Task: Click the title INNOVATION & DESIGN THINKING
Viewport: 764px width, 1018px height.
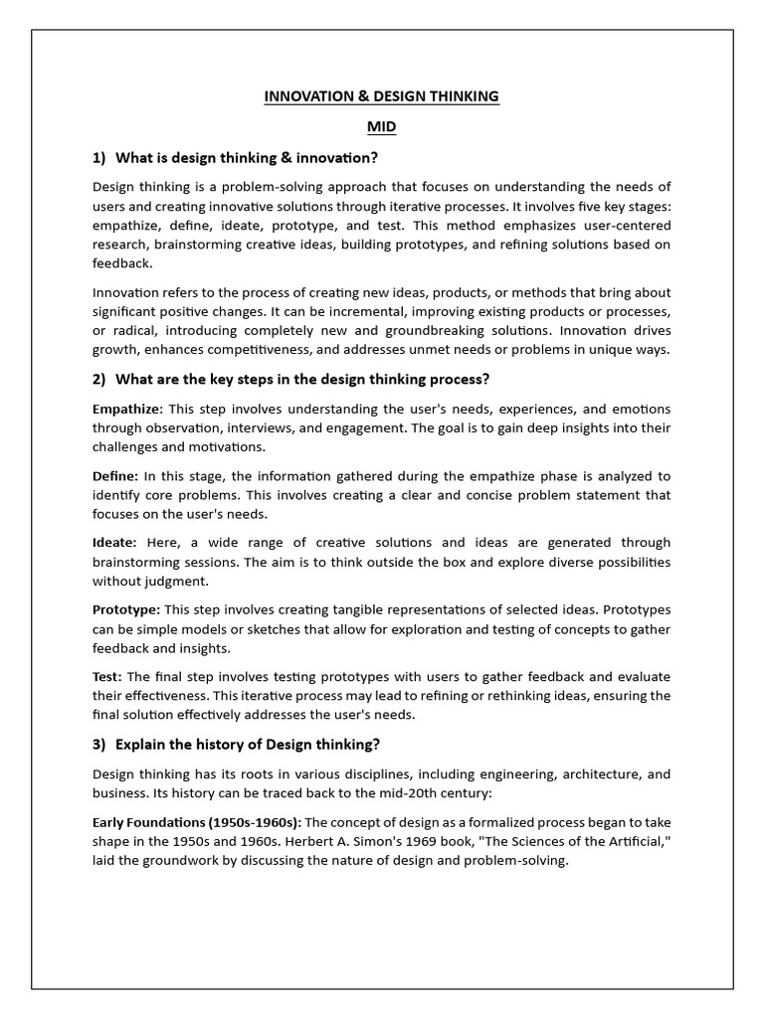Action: [x=381, y=96]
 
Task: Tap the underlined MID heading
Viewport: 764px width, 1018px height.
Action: [x=381, y=127]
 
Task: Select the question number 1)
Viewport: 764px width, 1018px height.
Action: [x=99, y=157]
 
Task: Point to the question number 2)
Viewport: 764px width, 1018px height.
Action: [x=99, y=379]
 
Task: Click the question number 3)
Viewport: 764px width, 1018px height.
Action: [x=99, y=745]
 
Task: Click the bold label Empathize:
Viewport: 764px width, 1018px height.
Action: [x=127, y=410]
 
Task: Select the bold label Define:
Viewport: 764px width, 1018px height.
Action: [x=116, y=476]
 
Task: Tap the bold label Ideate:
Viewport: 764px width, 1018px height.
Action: [x=115, y=543]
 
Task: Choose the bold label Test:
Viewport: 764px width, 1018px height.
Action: [x=107, y=677]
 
